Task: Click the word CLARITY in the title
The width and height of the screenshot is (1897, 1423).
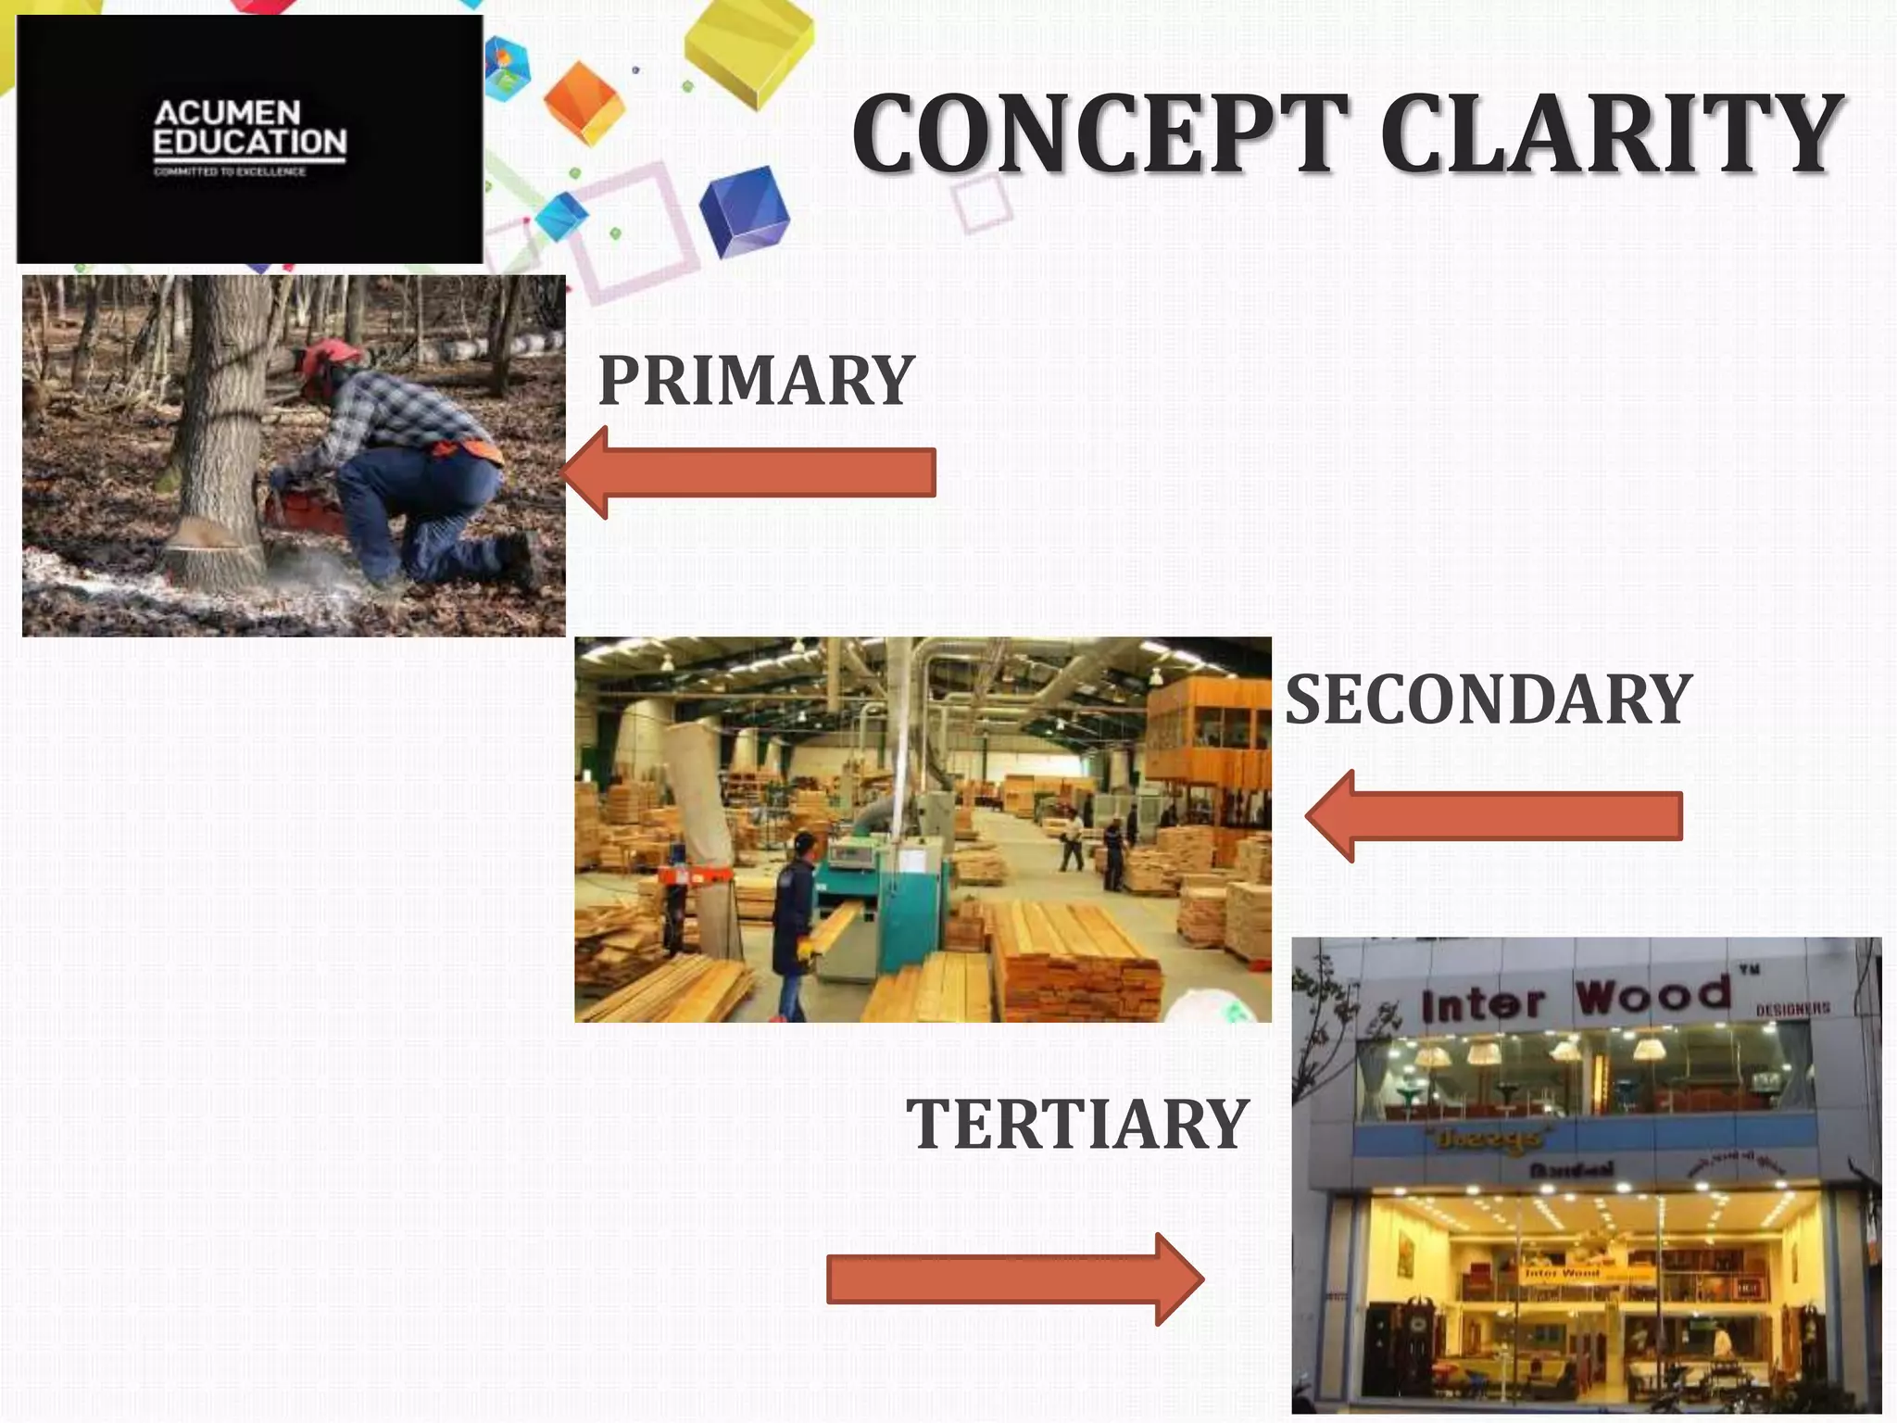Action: pyautogui.click(x=1612, y=135)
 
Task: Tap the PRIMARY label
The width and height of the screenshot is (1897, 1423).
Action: pyautogui.click(x=756, y=381)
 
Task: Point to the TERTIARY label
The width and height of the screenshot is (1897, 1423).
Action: pyautogui.click(x=1077, y=1124)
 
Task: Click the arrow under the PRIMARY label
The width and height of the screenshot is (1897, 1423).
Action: pyautogui.click(x=750, y=472)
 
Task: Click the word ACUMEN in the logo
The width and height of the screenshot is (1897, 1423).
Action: pyautogui.click(x=227, y=113)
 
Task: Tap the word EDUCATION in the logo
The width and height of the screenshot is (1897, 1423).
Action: pyautogui.click(x=249, y=142)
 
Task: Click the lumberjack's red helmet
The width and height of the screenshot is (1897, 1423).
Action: pyautogui.click(x=329, y=357)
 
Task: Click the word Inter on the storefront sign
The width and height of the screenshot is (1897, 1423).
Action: pyautogui.click(x=1482, y=1005)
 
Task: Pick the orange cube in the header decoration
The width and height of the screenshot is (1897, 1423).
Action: pyautogui.click(x=584, y=102)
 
